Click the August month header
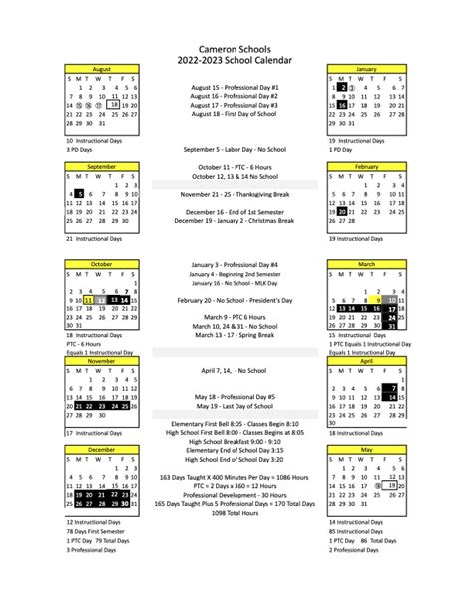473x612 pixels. (x=101, y=68)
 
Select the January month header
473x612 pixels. (x=365, y=68)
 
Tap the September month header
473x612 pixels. (x=101, y=166)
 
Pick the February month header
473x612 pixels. (x=365, y=166)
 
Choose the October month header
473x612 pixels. (x=101, y=264)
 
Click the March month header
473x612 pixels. (x=365, y=264)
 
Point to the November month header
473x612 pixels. (x=101, y=361)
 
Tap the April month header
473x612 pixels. (x=365, y=361)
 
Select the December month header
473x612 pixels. (x=101, y=449)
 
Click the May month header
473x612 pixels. (x=365, y=449)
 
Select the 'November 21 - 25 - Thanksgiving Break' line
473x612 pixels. (x=236, y=194)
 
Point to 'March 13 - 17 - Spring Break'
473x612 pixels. (x=236, y=335)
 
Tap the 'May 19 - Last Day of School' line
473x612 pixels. (x=236, y=406)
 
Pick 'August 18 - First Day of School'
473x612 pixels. (x=236, y=115)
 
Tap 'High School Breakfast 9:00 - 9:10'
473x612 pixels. (x=236, y=441)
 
